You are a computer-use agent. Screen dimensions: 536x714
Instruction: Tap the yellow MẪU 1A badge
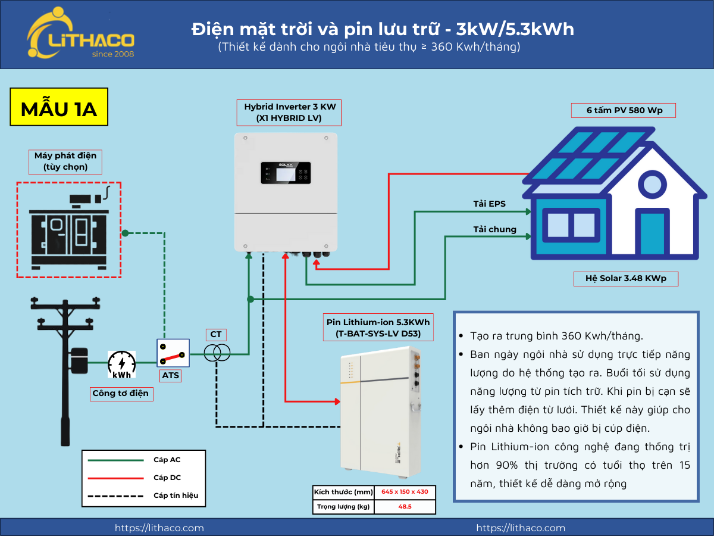pos(59,107)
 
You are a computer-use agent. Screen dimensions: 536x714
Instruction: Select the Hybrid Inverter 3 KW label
pos(289,113)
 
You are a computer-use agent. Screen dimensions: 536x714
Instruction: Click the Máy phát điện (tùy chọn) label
pos(65,161)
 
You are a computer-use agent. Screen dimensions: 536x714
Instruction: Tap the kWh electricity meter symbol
pos(121,364)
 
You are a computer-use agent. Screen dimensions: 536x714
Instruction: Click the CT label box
pos(216,335)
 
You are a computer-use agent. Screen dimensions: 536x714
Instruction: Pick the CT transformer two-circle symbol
pos(217,354)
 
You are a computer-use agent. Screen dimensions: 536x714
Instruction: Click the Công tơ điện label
pos(121,394)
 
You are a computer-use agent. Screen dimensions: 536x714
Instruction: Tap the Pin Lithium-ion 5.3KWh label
pos(378,328)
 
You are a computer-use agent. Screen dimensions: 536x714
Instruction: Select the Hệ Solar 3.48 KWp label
pos(626,279)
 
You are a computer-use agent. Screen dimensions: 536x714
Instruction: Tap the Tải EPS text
pos(489,204)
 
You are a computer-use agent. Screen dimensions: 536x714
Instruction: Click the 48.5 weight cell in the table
pos(405,507)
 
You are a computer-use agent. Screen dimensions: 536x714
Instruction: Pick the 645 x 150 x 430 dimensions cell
pos(405,492)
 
